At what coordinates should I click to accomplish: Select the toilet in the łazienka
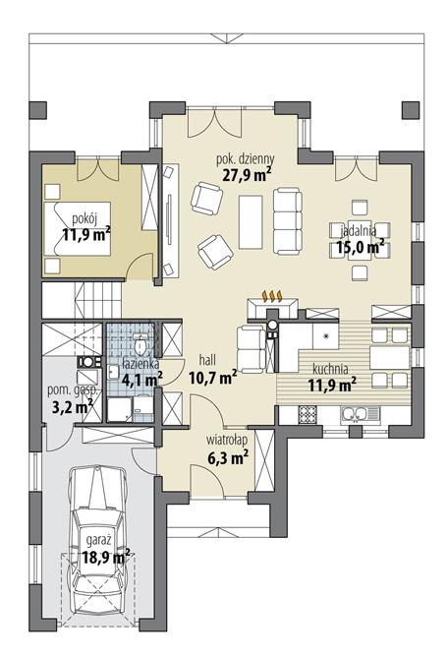tap(142, 346)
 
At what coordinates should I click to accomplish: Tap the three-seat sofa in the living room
tap(288, 218)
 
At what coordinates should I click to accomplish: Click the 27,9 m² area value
tap(246, 175)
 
